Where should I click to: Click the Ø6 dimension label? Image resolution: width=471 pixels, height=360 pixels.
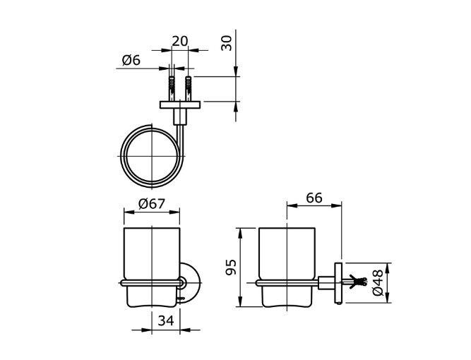point(131,61)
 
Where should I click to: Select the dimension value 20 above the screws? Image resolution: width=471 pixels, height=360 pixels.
point(180,42)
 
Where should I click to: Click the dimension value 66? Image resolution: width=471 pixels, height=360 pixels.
point(314,198)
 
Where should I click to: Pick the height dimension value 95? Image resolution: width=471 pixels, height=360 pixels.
point(229,268)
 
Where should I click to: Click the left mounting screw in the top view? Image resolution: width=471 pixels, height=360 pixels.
point(172,88)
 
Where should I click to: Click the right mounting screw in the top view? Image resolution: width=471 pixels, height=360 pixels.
point(189,88)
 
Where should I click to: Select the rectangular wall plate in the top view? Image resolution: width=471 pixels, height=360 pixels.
point(181,105)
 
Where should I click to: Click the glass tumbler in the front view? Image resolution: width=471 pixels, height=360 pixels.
point(152,254)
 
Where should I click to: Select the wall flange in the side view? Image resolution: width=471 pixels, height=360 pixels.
point(339,282)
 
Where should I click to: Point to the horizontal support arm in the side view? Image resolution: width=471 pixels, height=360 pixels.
point(326,282)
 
